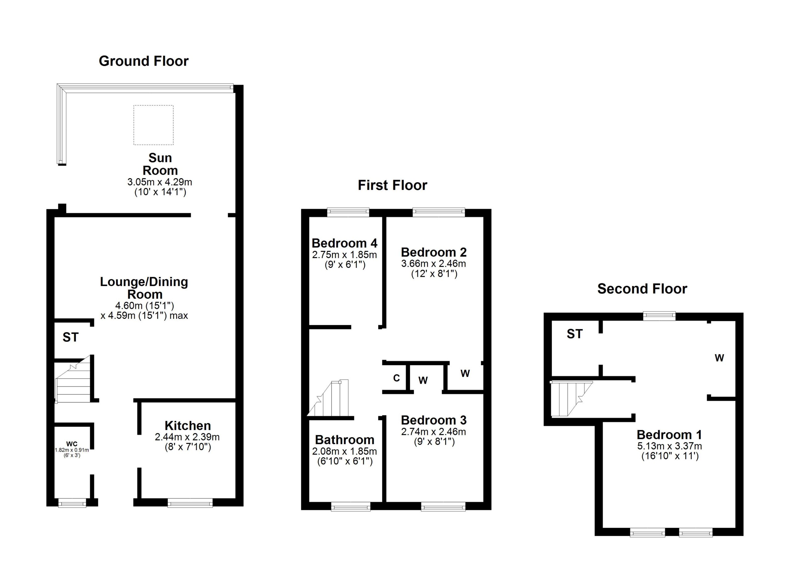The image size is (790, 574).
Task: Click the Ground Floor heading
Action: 143,61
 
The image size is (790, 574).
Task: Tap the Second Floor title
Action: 642,289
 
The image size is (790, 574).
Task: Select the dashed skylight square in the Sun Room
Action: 153,125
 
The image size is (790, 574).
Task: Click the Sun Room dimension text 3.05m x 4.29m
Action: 160,182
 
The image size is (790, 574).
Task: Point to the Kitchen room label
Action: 187,426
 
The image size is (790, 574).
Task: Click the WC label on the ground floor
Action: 72,444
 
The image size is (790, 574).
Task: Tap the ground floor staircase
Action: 74,383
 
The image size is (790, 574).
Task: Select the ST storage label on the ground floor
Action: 70,337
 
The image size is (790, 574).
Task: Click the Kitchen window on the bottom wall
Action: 190,503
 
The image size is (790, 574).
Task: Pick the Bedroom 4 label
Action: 344,243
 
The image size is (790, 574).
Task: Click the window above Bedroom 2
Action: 438,212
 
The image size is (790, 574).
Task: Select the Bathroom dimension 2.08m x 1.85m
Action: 344,452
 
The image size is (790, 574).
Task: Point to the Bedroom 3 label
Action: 433,420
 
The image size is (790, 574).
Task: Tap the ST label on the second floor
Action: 574,334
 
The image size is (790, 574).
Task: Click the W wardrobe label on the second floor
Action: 719,358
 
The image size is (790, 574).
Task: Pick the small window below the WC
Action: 72,503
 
